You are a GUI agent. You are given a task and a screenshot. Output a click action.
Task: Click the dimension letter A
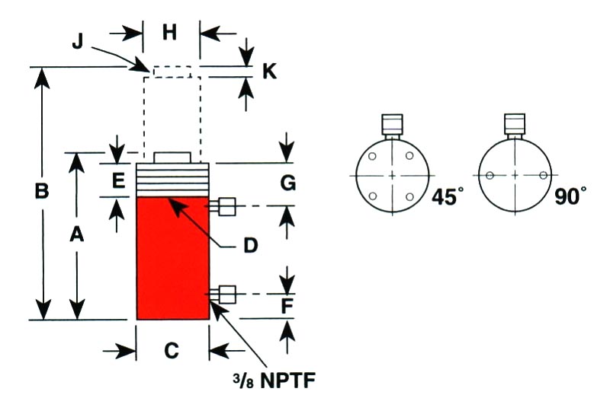click(77, 234)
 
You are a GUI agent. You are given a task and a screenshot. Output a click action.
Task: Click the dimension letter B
click(42, 191)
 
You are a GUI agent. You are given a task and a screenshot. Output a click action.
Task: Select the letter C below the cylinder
click(172, 350)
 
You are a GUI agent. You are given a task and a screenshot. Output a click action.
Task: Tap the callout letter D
click(251, 246)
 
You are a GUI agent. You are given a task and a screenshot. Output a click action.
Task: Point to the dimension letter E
click(118, 180)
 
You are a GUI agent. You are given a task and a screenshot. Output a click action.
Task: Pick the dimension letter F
click(287, 306)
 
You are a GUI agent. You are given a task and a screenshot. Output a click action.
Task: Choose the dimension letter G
click(288, 183)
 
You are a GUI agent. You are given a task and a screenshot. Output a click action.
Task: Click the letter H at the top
click(169, 32)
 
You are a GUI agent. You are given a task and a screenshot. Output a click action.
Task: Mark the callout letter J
click(78, 41)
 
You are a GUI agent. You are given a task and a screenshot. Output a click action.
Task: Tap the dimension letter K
click(270, 72)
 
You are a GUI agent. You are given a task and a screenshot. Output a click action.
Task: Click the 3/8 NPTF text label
click(274, 380)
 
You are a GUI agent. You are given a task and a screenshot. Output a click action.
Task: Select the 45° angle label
click(448, 196)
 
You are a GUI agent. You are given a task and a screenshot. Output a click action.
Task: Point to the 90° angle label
click(570, 196)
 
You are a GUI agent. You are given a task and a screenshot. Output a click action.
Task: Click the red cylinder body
click(173, 258)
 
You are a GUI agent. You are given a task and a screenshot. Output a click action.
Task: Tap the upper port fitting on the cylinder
click(223, 206)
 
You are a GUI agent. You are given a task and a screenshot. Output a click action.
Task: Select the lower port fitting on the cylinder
click(223, 295)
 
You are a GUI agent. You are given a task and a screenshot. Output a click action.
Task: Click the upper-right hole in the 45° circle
click(409, 156)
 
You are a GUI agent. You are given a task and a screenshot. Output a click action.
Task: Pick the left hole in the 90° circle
click(490, 176)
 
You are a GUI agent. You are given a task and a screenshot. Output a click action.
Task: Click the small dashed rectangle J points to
click(172, 72)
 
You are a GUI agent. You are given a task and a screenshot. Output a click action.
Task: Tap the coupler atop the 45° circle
click(392, 125)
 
